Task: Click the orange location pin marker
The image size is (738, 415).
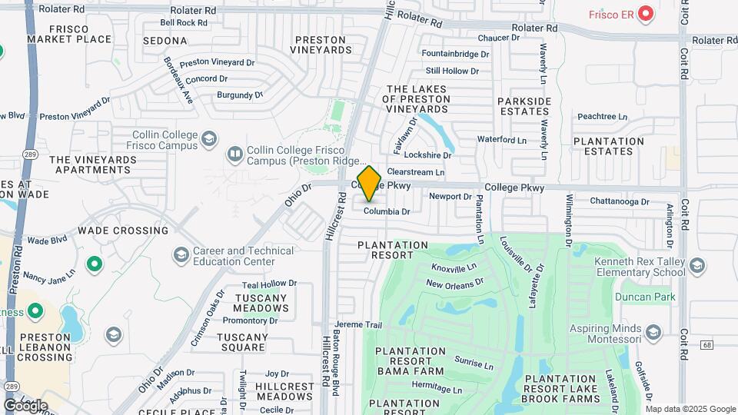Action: (369, 184)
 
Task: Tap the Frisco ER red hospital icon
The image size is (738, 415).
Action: (646, 13)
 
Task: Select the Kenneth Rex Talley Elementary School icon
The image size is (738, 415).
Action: (696, 266)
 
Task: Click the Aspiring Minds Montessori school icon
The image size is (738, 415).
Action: (653, 331)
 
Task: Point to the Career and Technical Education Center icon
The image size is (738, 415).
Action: (181, 254)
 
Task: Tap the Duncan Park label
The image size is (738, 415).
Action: (643, 296)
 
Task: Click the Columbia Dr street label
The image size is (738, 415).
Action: (387, 211)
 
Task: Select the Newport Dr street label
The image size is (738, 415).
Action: (450, 197)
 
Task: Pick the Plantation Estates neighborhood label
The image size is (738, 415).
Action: (608, 146)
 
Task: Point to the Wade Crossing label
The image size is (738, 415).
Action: (123, 231)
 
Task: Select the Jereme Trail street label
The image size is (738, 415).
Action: (358, 325)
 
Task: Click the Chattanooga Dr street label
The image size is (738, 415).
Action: (620, 201)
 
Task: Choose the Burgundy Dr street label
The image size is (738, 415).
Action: (240, 95)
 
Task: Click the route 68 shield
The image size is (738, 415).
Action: (708, 344)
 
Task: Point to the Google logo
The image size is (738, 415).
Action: (25, 405)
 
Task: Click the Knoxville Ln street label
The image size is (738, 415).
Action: (454, 269)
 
